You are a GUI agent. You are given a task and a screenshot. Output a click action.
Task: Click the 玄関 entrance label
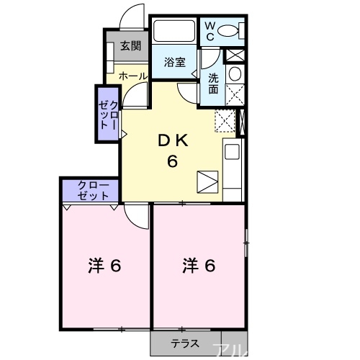131,46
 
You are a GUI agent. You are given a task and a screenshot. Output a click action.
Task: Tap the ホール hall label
132,76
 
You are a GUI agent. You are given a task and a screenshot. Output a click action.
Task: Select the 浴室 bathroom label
175,62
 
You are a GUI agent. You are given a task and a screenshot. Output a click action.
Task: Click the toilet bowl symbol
230,31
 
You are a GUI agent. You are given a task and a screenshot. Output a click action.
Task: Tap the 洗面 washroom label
214,84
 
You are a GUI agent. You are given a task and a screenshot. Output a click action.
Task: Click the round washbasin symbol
234,74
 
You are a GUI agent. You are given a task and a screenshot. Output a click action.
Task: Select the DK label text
173,142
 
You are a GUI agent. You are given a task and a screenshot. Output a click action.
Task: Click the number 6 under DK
173,161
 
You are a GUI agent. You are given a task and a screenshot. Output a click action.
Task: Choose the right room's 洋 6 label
198,266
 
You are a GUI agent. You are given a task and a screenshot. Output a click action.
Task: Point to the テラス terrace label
184,343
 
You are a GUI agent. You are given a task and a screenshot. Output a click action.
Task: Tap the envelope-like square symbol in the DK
207,181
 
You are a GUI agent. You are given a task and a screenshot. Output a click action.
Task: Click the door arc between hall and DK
138,94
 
